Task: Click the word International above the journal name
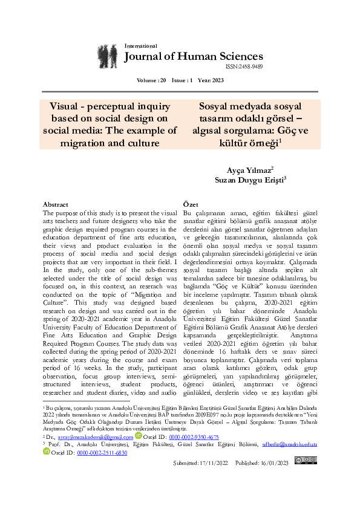tap(140, 46)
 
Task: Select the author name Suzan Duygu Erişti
tap(248, 180)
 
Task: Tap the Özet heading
tap(191, 204)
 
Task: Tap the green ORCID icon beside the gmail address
tap(139, 436)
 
